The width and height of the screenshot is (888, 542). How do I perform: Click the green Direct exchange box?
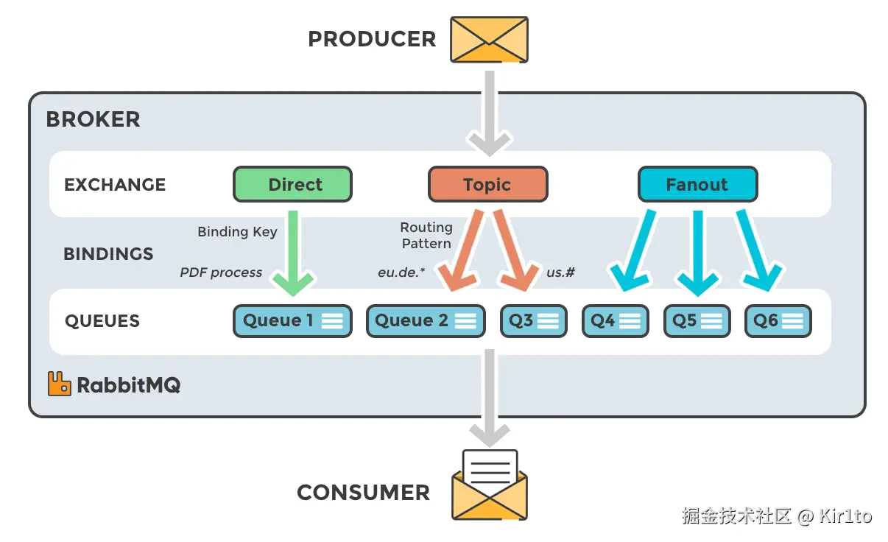click(x=292, y=184)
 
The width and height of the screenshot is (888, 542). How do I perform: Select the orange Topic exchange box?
click(x=488, y=184)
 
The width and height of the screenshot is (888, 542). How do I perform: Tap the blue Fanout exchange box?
click(x=698, y=184)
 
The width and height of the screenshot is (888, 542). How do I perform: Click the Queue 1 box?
click(x=292, y=321)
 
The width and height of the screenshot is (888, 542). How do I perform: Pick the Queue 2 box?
click(x=426, y=321)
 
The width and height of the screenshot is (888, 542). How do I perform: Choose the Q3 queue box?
click(x=534, y=321)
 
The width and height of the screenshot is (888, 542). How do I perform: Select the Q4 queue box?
click(x=616, y=321)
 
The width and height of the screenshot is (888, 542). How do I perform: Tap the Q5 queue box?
click(x=697, y=321)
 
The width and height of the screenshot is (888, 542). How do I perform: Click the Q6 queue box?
click(x=778, y=321)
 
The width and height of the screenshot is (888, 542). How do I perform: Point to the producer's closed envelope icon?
click(x=489, y=40)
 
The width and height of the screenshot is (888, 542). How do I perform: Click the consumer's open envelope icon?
click(x=490, y=485)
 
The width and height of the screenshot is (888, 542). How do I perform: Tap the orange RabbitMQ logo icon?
click(x=60, y=384)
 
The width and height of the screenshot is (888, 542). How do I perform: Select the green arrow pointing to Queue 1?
click(x=293, y=254)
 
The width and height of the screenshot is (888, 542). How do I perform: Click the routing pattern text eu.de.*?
click(x=401, y=272)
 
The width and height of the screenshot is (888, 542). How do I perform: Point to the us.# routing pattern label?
click(x=560, y=272)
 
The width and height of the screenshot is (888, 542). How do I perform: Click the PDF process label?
click(x=221, y=272)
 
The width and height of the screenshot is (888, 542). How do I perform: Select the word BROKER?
click(x=94, y=119)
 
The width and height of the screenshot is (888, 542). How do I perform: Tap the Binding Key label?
click(x=237, y=231)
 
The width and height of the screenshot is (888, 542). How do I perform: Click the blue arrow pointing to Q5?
click(x=698, y=254)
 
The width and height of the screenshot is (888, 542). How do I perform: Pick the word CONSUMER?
click(x=364, y=493)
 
